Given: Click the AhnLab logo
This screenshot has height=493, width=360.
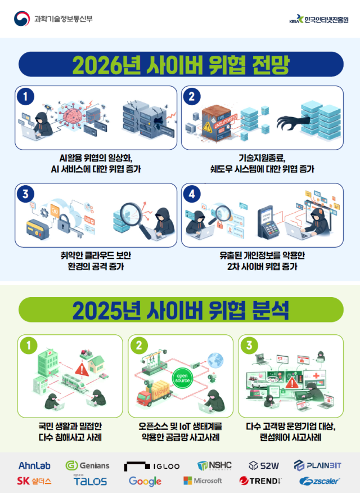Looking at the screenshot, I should click(35, 465).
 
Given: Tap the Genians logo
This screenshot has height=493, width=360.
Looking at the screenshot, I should click(87, 465).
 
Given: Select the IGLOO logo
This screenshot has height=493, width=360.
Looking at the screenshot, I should click(152, 466).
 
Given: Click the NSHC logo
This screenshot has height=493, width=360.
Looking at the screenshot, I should click(214, 465).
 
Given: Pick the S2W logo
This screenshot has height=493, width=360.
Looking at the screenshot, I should click(264, 465).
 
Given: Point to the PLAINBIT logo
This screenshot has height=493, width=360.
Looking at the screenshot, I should click(318, 465).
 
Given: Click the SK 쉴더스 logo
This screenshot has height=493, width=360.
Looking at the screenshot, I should click(34, 481).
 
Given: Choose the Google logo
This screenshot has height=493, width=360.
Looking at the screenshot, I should click(145, 481).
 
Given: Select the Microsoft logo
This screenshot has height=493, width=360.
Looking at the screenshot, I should click(202, 481).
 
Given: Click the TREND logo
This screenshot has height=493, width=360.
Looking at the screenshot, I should click(260, 481).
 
